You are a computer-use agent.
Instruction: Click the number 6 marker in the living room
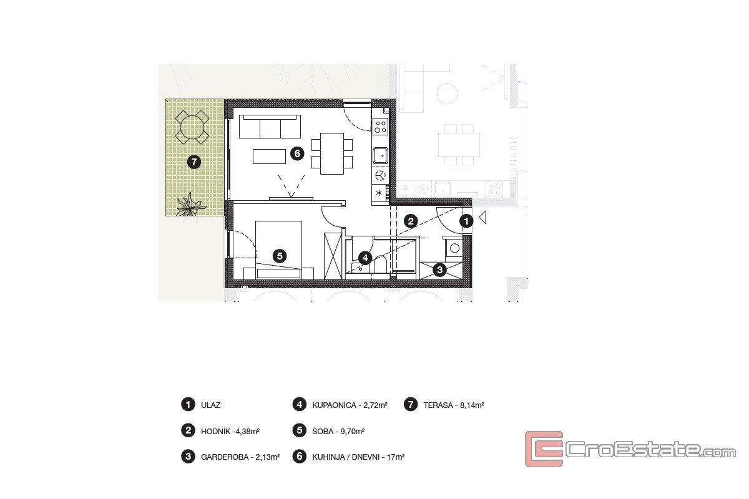point(297,153)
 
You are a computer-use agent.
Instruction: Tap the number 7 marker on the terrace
point(194,162)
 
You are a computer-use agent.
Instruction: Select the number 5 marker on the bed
point(280,256)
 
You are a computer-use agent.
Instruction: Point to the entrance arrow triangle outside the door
point(482,217)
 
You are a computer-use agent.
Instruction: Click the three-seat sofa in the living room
point(270,127)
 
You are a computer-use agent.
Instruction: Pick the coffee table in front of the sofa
point(269,157)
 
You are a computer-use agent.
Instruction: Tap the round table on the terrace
point(192,127)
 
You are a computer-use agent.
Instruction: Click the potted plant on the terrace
point(190,205)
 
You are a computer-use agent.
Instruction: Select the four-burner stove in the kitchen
point(380,127)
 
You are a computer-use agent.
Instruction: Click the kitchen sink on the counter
point(380,156)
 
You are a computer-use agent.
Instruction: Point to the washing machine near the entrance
point(454,248)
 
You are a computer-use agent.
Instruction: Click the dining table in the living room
point(332,153)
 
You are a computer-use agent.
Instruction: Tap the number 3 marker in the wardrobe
point(439,269)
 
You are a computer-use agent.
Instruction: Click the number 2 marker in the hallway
point(411,221)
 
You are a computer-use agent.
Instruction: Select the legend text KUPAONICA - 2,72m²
point(350,405)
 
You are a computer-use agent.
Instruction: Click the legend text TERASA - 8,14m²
point(454,405)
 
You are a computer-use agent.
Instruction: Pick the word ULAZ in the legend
point(211,405)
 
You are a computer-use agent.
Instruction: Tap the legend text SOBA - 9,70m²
point(338,432)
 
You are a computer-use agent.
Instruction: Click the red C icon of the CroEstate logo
point(544,449)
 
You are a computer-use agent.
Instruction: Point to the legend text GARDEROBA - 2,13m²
point(240,457)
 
